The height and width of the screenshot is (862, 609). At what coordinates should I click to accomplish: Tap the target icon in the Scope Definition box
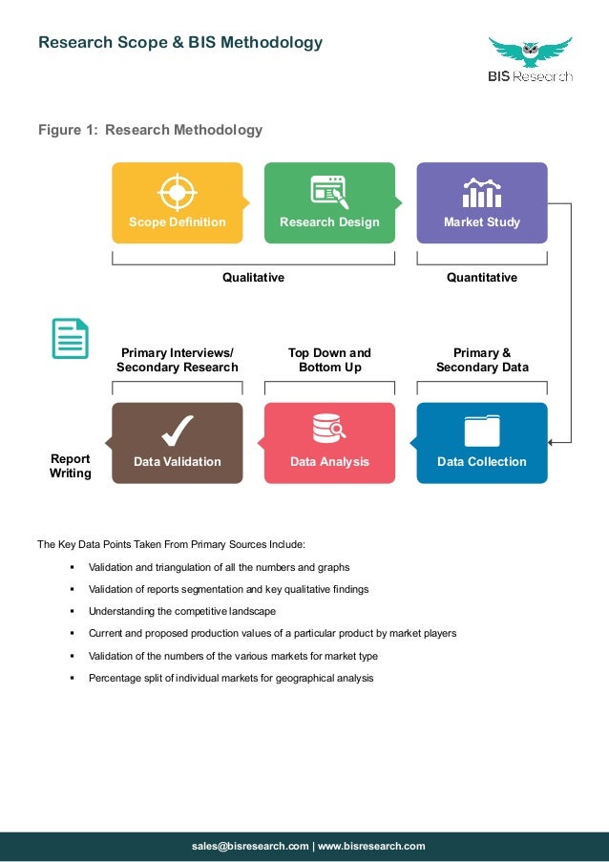pyautogui.click(x=177, y=191)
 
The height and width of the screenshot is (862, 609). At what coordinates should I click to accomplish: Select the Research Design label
pyautogui.click(x=329, y=222)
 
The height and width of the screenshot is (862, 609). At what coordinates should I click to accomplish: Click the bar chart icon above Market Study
pyautogui.click(x=482, y=193)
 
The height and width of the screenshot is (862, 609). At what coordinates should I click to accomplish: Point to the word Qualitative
pyautogui.click(x=253, y=278)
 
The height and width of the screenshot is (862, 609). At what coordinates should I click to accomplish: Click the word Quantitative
pyautogui.click(x=482, y=278)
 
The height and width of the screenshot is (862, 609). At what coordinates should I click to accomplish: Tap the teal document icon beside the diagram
pyautogui.click(x=70, y=339)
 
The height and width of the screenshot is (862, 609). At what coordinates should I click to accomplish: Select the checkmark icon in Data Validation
pyautogui.click(x=177, y=431)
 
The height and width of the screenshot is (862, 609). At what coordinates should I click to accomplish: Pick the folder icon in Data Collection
pyautogui.click(x=482, y=431)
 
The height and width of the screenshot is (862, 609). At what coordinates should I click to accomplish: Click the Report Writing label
pyautogui.click(x=71, y=466)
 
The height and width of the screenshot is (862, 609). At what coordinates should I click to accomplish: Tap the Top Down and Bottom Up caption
pyautogui.click(x=329, y=360)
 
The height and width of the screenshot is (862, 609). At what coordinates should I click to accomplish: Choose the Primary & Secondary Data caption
pyautogui.click(x=482, y=360)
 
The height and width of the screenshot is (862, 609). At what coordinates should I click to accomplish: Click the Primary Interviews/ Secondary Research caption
pyautogui.click(x=178, y=360)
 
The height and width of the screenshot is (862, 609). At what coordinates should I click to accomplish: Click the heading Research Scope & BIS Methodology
pyautogui.click(x=180, y=43)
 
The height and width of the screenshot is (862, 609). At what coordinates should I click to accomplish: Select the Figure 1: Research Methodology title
pyautogui.click(x=150, y=130)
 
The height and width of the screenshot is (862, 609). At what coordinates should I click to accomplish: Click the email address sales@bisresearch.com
pyautogui.click(x=250, y=846)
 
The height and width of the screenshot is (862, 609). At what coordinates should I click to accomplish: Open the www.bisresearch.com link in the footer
pyautogui.click(x=371, y=846)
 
